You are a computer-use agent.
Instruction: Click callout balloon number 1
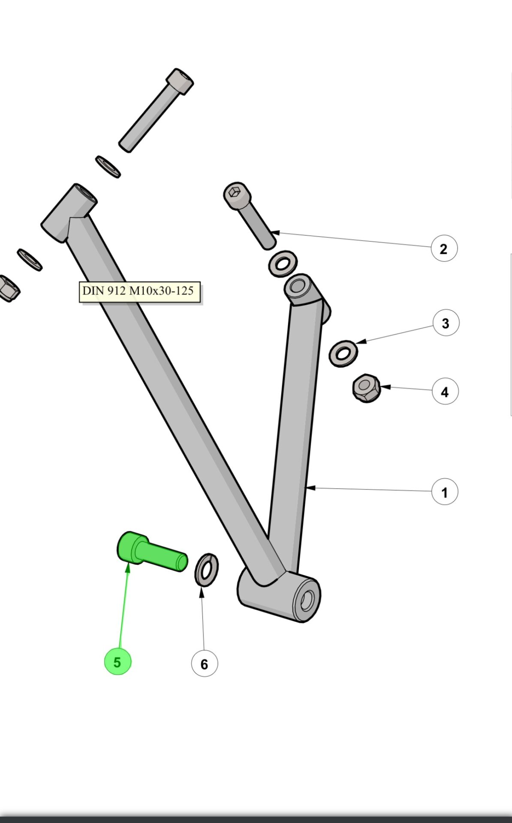(x=444, y=492)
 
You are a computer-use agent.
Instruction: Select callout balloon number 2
(x=444, y=249)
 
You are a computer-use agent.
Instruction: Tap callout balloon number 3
(x=446, y=323)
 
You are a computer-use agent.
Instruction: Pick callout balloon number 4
(x=445, y=391)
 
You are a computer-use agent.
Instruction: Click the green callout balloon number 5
(x=117, y=662)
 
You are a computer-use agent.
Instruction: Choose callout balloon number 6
(x=204, y=664)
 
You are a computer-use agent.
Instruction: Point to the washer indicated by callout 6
(x=206, y=570)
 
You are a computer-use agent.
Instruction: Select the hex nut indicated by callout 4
(x=366, y=388)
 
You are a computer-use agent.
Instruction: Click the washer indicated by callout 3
(x=343, y=354)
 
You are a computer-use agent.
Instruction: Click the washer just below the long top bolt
(x=108, y=166)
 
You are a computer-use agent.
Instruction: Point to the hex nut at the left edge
(x=9, y=288)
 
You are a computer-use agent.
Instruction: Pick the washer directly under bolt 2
(x=283, y=264)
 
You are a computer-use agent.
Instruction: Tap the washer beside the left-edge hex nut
(x=30, y=260)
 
